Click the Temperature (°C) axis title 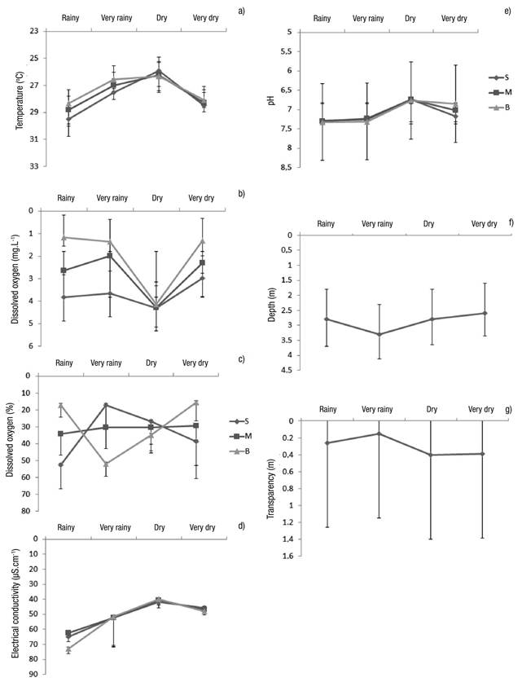click(17, 98)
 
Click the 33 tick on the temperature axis click(33, 166)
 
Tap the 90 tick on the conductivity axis click(34, 675)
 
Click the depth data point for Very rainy click(379, 334)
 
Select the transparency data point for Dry click(430, 455)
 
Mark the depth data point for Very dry click(485, 313)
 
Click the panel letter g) click(510, 407)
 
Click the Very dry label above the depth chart click(484, 223)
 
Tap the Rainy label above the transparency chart click(327, 409)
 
